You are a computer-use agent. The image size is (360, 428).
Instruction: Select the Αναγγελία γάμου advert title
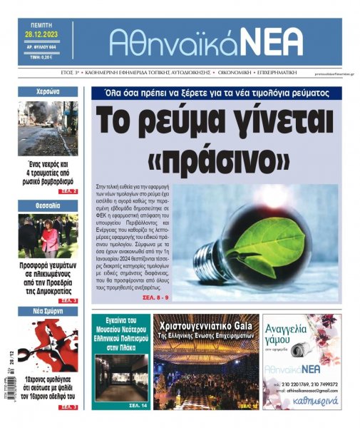[301, 335]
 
